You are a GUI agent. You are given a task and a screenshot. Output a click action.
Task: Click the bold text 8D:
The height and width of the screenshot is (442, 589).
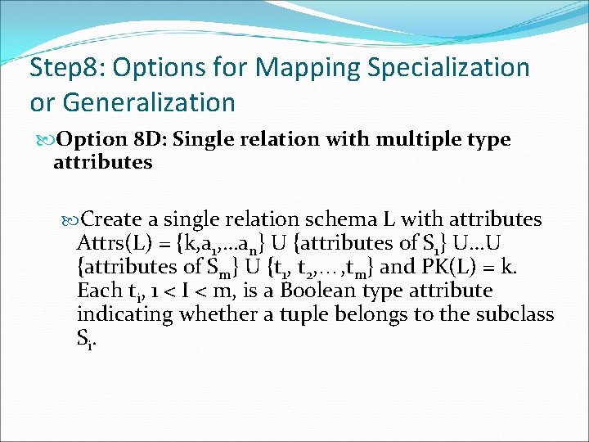[147, 140]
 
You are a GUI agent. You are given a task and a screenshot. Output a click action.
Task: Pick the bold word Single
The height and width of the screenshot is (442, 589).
[202, 140]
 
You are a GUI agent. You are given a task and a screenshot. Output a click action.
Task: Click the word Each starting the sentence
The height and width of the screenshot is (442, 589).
[97, 291]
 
